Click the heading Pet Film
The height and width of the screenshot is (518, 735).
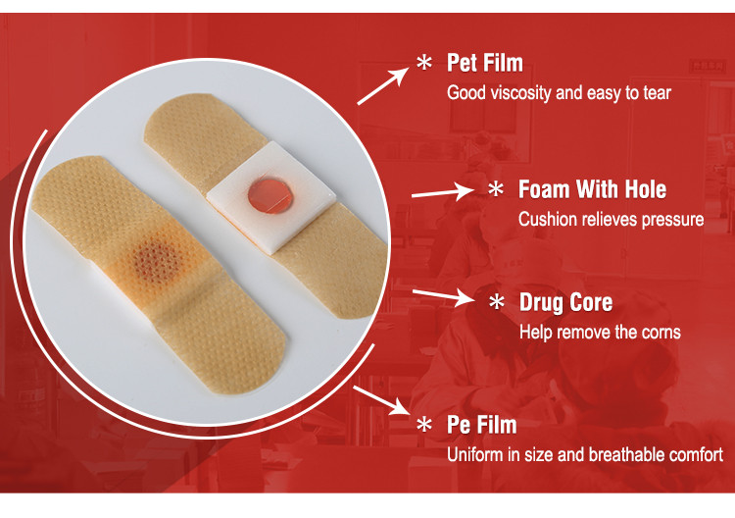[485, 63]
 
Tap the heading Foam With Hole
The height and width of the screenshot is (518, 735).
[592, 189]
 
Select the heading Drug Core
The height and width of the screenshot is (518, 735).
[565, 302]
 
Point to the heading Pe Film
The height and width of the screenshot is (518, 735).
[482, 425]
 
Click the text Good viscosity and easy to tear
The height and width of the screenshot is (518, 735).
[559, 93]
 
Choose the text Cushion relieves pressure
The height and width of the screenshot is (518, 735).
[611, 219]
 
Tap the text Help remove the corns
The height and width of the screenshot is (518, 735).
[600, 333]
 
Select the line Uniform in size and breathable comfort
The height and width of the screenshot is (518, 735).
[585, 454]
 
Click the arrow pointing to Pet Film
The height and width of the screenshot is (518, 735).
[383, 85]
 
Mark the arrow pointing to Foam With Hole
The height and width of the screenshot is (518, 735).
[443, 192]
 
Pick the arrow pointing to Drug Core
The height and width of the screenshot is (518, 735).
[443, 296]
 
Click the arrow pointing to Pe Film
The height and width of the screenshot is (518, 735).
[381, 400]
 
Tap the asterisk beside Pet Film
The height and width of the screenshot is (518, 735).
[424, 63]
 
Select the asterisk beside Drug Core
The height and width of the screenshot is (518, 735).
[497, 302]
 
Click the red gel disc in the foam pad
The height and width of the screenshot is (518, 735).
[270, 195]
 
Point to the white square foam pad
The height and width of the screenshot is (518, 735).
[271, 197]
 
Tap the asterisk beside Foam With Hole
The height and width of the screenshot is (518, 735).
[496, 189]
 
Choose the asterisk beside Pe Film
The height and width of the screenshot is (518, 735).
[424, 425]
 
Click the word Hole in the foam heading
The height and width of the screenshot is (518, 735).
[645, 189]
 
